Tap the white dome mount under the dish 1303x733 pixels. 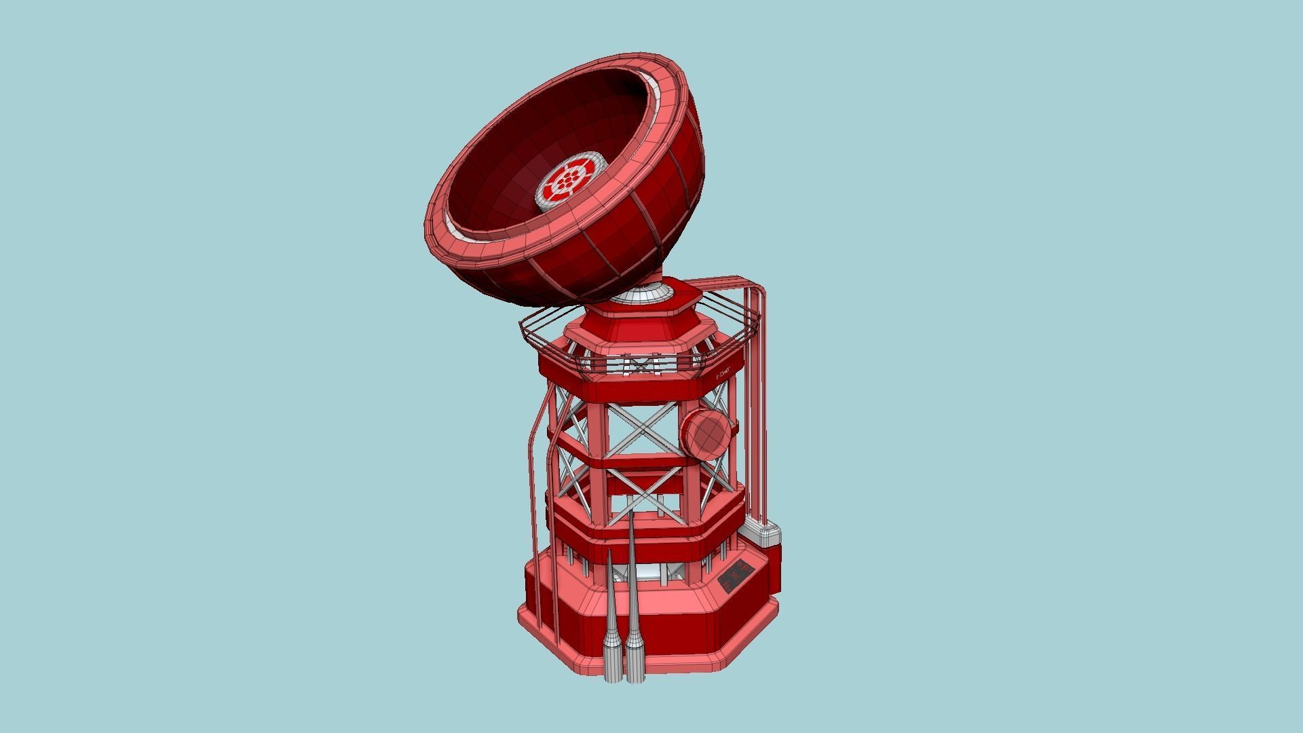(x=641, y=295)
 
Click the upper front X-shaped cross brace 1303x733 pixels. (x=643, y=429)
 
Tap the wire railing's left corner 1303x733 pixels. (x=523, y=324)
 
